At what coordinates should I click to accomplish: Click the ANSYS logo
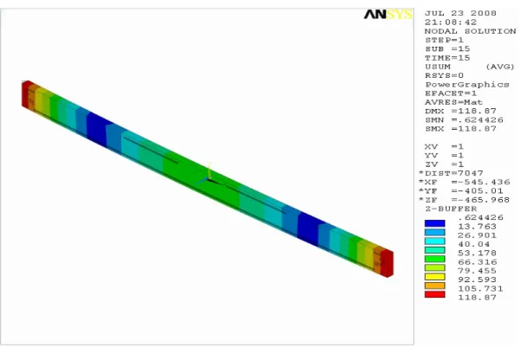[x=388, y=15]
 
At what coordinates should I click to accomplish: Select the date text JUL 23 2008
[x=460, y=13]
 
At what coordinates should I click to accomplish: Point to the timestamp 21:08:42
[x=451, y=22]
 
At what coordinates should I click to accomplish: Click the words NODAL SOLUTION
[x=470, y=31]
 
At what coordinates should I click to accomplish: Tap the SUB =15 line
[x=447, y=48]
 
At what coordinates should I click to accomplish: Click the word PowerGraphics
[x=466, y=85]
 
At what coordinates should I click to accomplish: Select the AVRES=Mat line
[x=453, y=102]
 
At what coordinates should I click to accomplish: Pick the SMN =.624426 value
[x=464, y=120]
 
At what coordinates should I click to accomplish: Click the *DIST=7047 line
[x=451, y=173]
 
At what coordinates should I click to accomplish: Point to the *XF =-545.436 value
[x=464, y=183]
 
